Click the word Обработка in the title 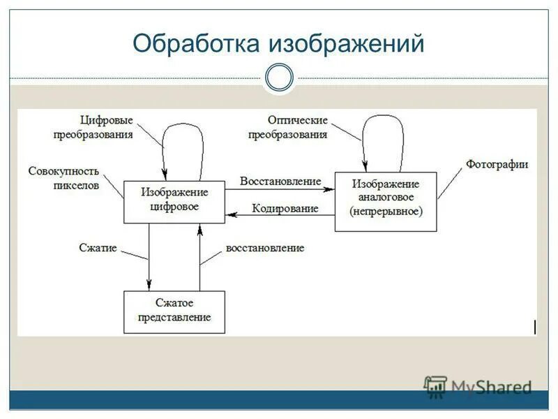pyautogui.click(x=197, y=44)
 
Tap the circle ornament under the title pyautogui.click(x=279, y=78)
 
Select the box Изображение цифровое pyautogui.click(x=174, y=202)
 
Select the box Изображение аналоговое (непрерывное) pyautogui.click(x=386, y=202)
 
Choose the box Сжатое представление pyautogui.click(x=174, y=312)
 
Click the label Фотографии pyautogui.click(x=497, y=165)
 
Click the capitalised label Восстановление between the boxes pyautogui.click(x=280, y=181)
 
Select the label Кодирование pyautogui.click(x=285, y=208)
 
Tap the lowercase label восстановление pyautogui.click(x=265, y=248)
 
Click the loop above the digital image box pyautogui.click(x=182, y=140)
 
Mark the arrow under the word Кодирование pyautogui.click(x=280, y=216)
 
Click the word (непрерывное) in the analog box pyautogui.click(x=386, y=209)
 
